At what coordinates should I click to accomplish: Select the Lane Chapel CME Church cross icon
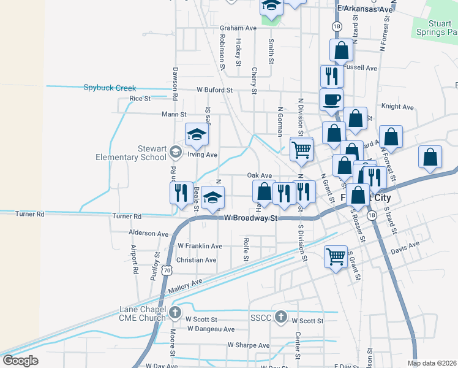(175, 312)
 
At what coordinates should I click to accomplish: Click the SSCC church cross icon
(280, 317)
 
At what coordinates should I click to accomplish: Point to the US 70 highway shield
(167, 270)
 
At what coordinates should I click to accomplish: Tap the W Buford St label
(215, 90)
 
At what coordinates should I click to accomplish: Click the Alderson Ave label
(148, 234)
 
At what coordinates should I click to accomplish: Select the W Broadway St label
(251, 218)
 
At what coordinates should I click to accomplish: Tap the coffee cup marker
(331, 99)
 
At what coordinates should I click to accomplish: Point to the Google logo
(20, 361)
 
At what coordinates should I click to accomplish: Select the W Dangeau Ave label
(211, 329)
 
